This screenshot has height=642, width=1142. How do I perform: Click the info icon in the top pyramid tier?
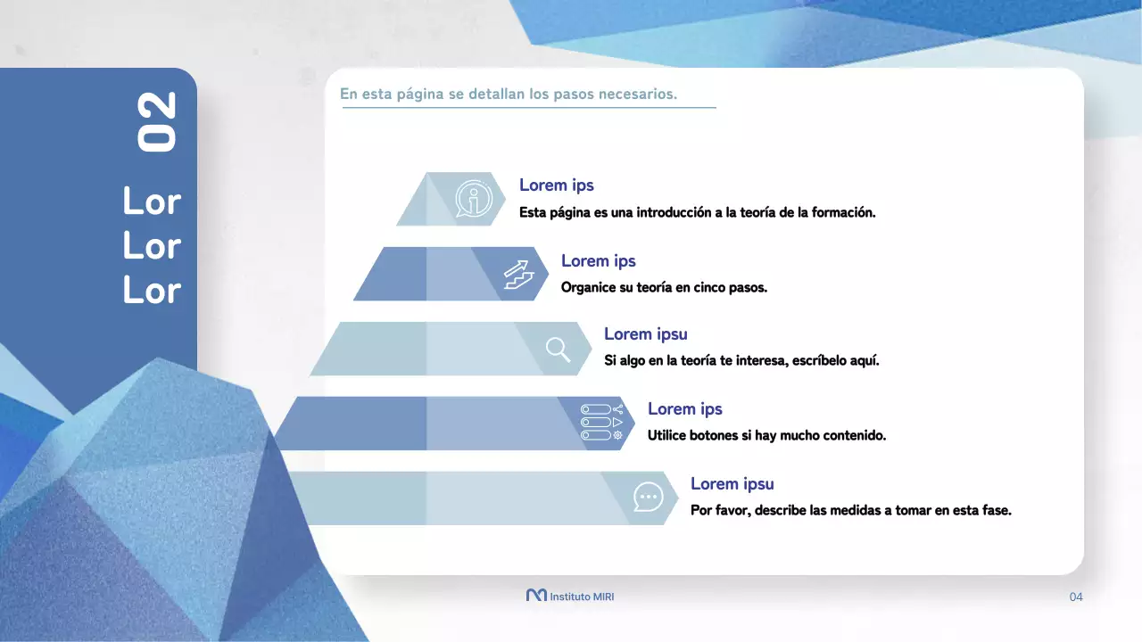click(x=473, y=199)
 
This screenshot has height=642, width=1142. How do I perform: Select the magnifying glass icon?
click(x=559, y=349)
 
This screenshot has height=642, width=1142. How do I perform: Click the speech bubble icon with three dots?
click(x=648, y=497)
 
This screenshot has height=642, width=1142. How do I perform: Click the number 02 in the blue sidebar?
click(x=157, y=122)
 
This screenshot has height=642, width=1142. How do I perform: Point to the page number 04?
click(x=1076, y=597)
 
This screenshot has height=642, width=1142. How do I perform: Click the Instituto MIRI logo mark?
click(x=536, y=596)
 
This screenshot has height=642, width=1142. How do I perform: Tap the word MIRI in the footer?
click(x=604, y=597)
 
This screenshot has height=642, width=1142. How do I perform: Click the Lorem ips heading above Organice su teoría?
click(x=598, y=260)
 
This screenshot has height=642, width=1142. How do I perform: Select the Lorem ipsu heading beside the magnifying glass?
click(x=645, y=334)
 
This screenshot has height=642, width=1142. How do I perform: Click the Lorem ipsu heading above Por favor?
click(x=732, y=484)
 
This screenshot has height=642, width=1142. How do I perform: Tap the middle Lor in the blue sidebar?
click(x=152, y=246)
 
